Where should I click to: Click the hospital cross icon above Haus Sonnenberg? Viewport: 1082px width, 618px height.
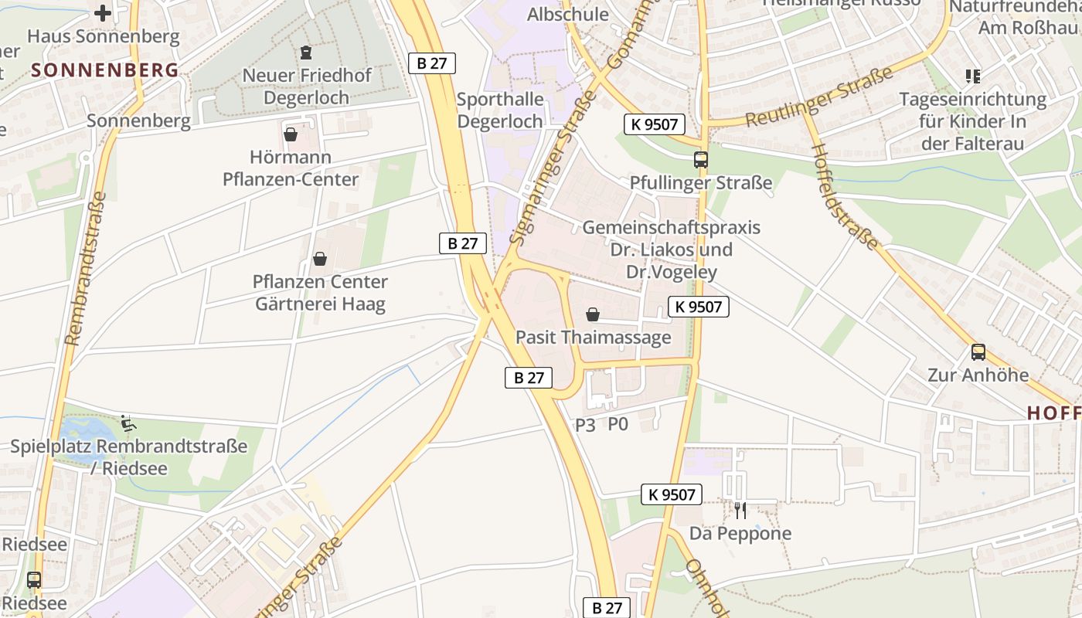click(103, 12)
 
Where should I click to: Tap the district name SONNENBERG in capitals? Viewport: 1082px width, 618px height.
click(105, 70)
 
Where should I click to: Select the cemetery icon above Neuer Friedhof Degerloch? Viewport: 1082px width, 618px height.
click(306, 53)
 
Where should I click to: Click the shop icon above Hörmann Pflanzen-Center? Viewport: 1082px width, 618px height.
click(291, 134)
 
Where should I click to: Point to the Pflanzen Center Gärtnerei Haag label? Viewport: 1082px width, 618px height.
click(320, 293)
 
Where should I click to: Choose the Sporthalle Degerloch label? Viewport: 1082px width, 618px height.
click(500, 110)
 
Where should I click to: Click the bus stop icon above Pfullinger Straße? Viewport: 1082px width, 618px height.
click(701, 160)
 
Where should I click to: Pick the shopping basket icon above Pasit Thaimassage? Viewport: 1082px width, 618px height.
click(593, 314)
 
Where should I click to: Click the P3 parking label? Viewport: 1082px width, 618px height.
click(585, 425)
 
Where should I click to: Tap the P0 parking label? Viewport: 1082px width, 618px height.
click(618, 424)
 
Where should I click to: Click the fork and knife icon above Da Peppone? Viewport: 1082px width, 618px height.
click(740, 510)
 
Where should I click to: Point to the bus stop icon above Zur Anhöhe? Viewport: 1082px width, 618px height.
click(978, 352)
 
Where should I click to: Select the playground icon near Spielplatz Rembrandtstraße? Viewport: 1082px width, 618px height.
click(128, 423)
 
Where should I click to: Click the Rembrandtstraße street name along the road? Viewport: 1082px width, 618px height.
click(87, 267)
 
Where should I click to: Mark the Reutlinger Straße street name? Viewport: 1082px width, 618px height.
click(819, 97)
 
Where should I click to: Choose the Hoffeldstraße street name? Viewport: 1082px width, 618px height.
click(845, 196)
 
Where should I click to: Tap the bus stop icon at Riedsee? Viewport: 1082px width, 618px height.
click(34, 579)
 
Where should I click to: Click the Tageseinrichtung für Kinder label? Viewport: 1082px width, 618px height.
click(972, 121)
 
